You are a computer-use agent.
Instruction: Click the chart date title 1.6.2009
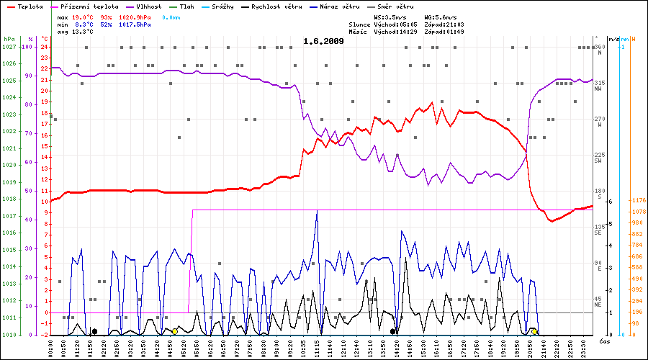click(x=323, y=41)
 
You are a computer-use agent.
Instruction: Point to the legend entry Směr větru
click(x=396, y=6)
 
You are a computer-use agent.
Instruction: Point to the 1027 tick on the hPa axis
click(x=9, y=47)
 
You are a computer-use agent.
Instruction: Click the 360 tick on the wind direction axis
click(x=599, y=48)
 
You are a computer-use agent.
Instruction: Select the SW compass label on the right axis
click(x=598, y=161)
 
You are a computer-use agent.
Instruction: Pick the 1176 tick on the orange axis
click(x=638, y=200)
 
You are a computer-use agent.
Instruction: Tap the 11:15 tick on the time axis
click(x=317, y=348)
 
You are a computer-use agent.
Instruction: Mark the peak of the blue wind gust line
click(x=317, y=211)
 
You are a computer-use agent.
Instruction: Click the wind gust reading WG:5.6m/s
click(x=441, y=17)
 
